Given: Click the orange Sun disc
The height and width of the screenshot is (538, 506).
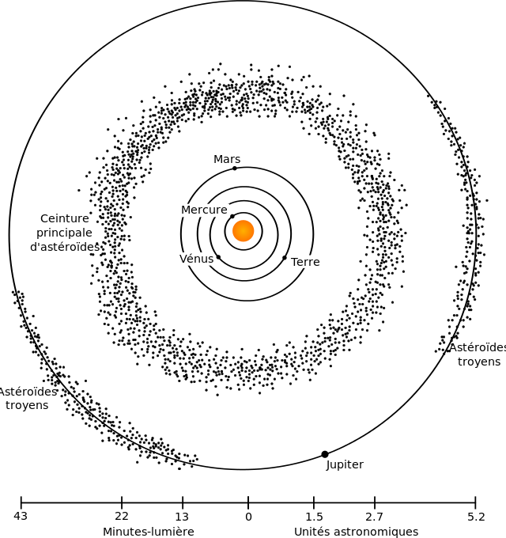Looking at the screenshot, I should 244,231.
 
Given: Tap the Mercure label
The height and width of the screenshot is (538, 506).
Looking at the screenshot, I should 204,210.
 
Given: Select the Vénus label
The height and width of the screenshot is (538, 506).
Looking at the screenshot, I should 196,259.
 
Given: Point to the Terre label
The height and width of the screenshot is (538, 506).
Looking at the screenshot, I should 305,262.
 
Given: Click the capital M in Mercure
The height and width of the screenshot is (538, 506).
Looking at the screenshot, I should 186,210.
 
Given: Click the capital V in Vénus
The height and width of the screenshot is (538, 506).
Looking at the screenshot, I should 183,259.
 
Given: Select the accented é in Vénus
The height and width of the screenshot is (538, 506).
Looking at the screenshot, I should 191,259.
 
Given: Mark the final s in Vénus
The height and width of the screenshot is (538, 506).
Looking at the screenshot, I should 210,260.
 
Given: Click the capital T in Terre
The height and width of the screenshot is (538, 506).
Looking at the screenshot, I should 294,262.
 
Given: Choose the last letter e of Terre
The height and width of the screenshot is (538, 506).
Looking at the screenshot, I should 316,263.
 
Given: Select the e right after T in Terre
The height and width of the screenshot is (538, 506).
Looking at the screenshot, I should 300,263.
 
